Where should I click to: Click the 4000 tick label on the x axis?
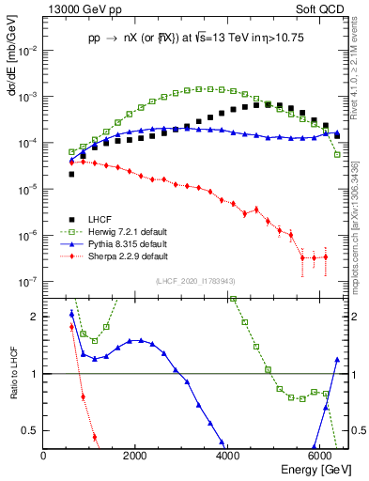point(228,457)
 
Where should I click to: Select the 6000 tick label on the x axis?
point(320,457)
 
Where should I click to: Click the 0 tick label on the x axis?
point(44,457)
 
